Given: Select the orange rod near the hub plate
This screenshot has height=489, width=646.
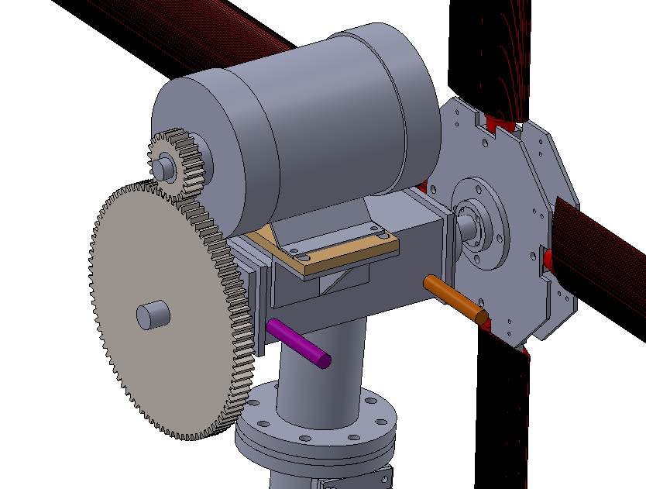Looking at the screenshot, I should point(455,298).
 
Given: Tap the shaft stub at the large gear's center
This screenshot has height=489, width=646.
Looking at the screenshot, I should point(153,314).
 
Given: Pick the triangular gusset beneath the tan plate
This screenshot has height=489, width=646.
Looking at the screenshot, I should point(341,280).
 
